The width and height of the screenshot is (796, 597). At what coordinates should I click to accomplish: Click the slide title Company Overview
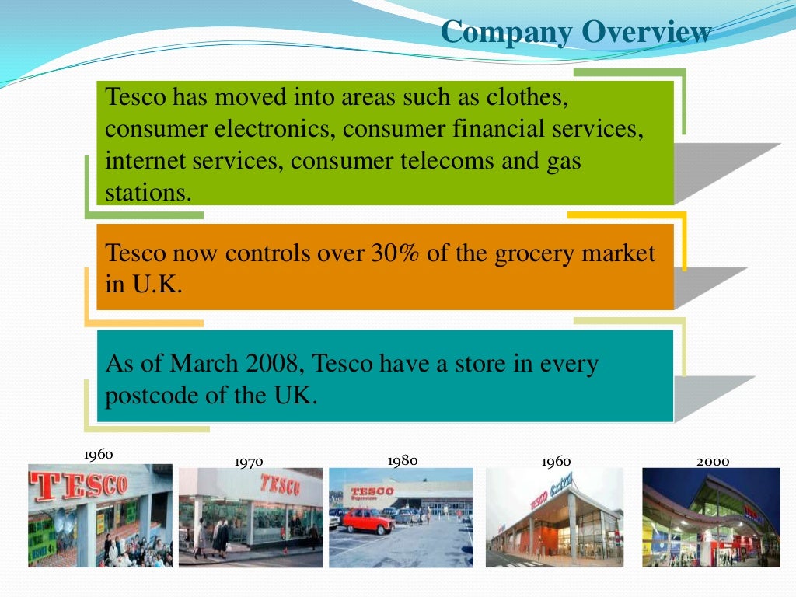click(x=575, y=32)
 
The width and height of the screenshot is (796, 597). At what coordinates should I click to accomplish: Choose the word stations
click(x=148, y=192)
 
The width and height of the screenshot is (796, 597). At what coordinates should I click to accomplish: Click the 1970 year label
click(x=249, y=462)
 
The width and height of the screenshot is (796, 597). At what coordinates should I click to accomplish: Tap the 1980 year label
click(x=403, y=460)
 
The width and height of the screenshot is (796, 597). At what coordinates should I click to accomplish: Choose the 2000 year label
click(x=713, y=461)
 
